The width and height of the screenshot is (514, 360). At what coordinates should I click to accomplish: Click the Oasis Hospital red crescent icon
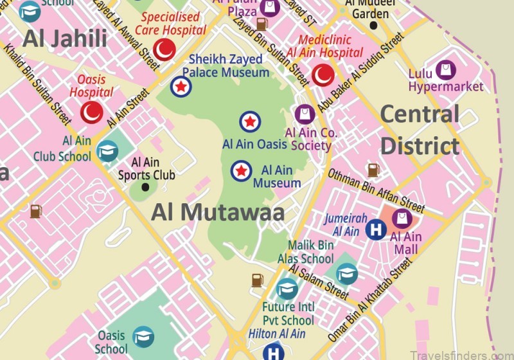pyautogui.click(x=91, y=113)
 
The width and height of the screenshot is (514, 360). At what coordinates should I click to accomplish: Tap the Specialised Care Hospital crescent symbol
pyautogui.click(x=166, y=49)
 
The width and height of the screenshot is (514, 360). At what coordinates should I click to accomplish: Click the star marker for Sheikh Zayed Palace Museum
pyautogui.click(x=181, y=85)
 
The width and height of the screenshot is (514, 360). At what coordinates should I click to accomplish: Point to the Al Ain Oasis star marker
pyautogui.click(x=250, y=122)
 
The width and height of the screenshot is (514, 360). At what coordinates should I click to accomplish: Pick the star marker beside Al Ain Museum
pyautogui.click(x=242, y=170)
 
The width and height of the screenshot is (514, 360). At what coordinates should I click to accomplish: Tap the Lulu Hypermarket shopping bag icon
pyautogui.click(x=444, y=69)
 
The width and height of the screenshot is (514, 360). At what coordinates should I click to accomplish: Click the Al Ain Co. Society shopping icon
pyautogui.click(x=305, y=115)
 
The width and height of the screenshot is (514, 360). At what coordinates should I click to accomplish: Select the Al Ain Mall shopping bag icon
pyautogui.click(x=402, y=219)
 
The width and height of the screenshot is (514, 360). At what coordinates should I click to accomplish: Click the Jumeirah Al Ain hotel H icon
pyautogui.click(x=376, y=229)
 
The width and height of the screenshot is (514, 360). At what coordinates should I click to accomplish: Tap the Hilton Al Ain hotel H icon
pyautogui.click(x=274, y=352)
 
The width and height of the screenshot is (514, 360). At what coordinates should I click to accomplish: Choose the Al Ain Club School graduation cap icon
pyautogui.click(x=107, y=150)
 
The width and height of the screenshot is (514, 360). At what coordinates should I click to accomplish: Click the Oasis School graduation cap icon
pyautogui.click(x=143, y=336)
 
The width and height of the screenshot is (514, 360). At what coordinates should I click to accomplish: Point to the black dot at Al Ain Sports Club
pyautogui.click(x=145, y=187)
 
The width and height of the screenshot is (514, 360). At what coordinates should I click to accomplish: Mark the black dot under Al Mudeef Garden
pyautogui.click(x=374, y=26)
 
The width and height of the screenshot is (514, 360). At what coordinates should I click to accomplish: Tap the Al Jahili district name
pyautogui.click(x=65, y=39)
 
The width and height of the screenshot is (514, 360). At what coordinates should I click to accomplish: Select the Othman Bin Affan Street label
pyautogui.click(x=376, y=190)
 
